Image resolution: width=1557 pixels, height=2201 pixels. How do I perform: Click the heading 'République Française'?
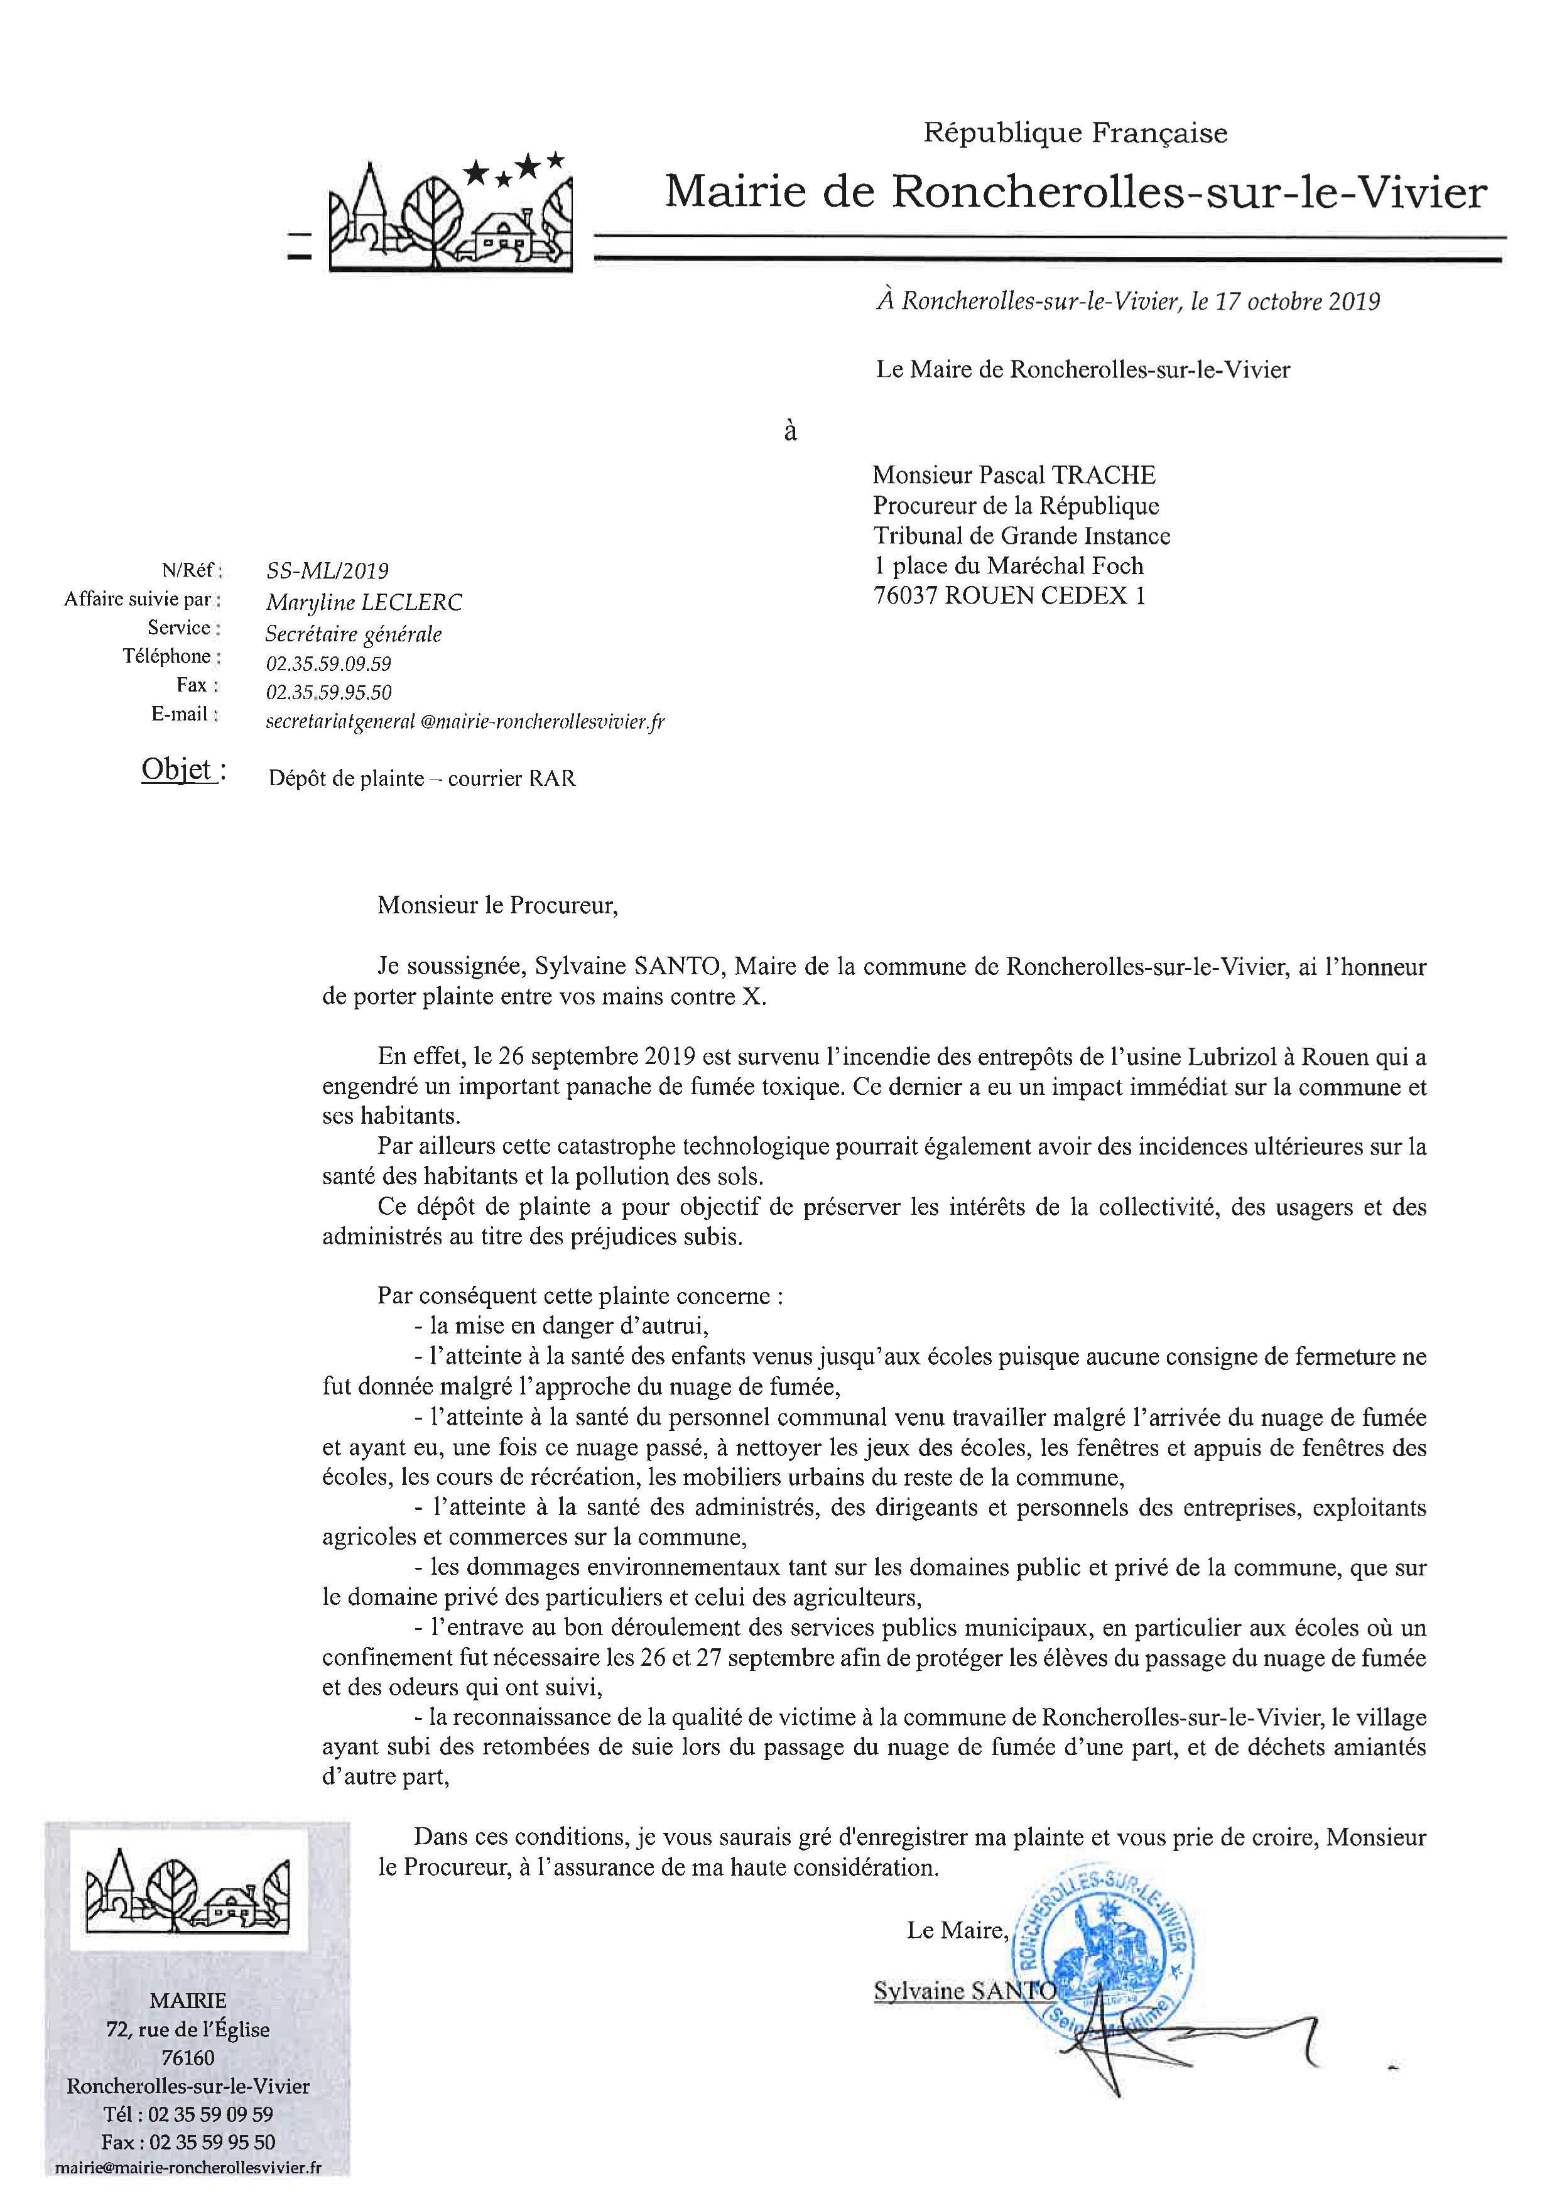click(x=1075, y=133)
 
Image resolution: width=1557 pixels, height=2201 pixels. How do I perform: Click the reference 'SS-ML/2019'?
click(x=327, y=572)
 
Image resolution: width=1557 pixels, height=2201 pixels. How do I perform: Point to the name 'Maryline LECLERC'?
click(x=364, y=603)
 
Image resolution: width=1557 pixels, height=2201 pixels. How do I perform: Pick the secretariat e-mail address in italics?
click(x=465, y=722)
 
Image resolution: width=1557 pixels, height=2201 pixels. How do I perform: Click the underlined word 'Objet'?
click(x=176, y=769)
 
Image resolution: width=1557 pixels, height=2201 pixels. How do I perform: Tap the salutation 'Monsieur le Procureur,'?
click(x=497, y=906)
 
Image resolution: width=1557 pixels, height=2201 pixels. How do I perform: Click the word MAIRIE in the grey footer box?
click(x=188, y=2001)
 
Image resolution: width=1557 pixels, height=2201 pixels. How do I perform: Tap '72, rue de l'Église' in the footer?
click(x=188, y=2030)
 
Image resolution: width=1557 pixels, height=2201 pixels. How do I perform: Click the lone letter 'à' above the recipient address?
click(x=790, y=432)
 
